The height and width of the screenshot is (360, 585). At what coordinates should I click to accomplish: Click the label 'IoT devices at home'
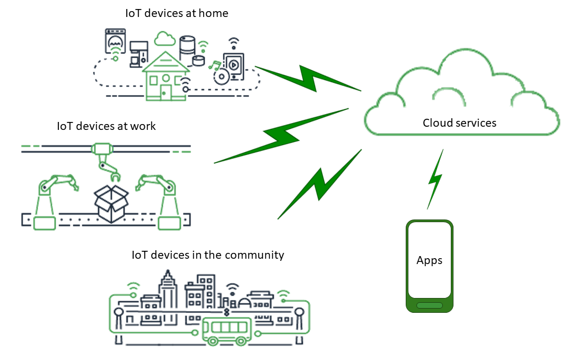[x=177, y=13]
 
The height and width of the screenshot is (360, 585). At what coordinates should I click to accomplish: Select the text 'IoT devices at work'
[x=106, y=126]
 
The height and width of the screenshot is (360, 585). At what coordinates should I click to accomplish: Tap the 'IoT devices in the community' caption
[x=208, y=255]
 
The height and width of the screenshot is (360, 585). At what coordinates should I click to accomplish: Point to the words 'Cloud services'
[x=459, y=123]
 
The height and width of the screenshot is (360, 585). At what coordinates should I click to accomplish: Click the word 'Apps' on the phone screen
[x=429, y=261]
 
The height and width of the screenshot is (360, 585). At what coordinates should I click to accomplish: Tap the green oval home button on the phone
[x=429, y=305]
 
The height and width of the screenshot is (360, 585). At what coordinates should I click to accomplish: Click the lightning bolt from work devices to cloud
[x=281, y=136]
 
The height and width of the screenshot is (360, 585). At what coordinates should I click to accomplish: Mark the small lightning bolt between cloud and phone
[x=435, y=179]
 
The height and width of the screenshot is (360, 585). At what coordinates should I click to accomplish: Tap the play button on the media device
[x=233, y=65]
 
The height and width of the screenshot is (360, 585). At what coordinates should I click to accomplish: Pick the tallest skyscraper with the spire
[x=169, y=289]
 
